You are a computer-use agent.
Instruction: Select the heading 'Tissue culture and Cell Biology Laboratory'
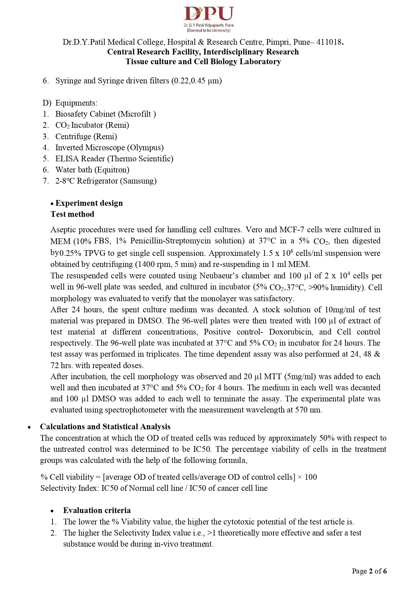pyautogui.click(x=203, y=62)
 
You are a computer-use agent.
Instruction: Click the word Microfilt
pyautogui.click(x=136, y=114)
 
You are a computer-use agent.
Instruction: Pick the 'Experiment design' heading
pyautogui.click(x=89, y=203)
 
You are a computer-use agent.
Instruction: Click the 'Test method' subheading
pyautogui.click(x=72, y=214)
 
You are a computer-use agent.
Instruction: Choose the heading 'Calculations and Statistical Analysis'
pyautogui.click(x=105, y=427)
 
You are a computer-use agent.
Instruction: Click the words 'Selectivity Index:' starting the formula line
pyautogui.click(x=70, y=488)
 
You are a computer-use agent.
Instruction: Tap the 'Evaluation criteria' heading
pyautogui.click(x=97, y=510)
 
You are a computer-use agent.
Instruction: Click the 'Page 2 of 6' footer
pyautogui.click(x=369, y=571)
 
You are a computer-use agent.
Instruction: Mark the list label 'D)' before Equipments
pyautogui.click(x=47, y=103)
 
